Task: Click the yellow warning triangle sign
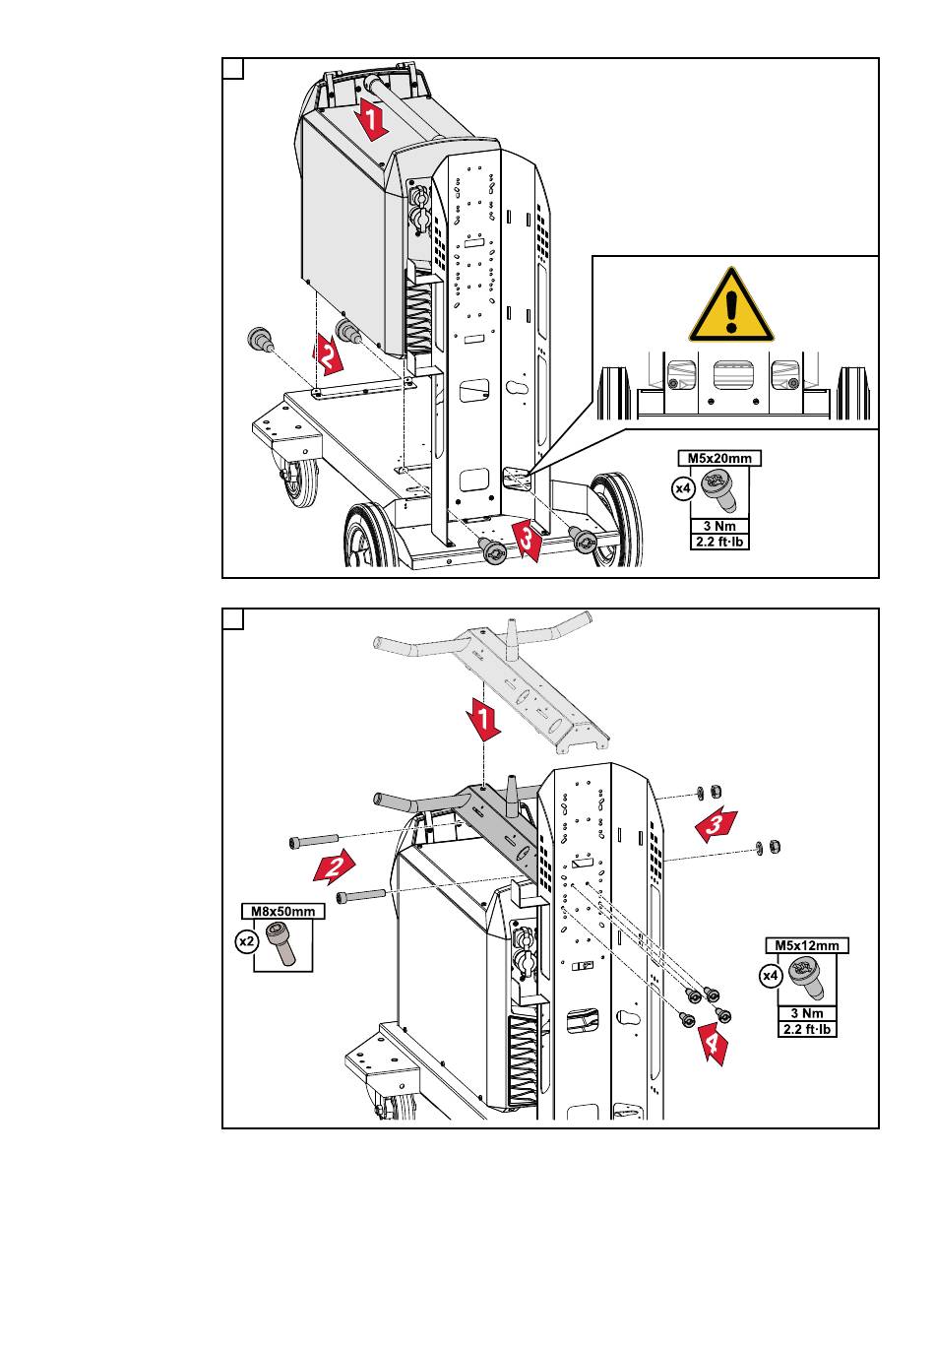(730, 307)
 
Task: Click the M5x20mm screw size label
(719, 458)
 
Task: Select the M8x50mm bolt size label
(282, 911)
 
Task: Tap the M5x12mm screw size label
(806, 945)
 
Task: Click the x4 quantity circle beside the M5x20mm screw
(683, 488)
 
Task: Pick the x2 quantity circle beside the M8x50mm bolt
(247, 941)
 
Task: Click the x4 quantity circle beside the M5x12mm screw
(771, 976)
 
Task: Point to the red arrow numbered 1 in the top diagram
(371, 120)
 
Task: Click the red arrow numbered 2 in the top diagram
(327, 356)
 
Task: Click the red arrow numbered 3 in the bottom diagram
(716, 825)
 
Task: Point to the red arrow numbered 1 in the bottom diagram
(483, 719)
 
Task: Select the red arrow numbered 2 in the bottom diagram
(334, 867)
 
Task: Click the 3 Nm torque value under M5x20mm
(719, 526)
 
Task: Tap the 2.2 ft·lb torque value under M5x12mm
(806, 1029)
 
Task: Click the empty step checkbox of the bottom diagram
(233, 619)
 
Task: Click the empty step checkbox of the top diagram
(233, 69)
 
